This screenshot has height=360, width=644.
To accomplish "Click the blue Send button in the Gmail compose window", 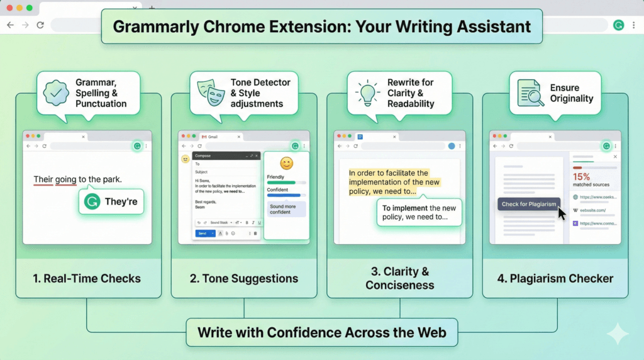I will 202,233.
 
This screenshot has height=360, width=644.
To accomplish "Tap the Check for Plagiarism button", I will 528,204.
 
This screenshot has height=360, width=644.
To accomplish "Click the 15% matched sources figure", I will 581,177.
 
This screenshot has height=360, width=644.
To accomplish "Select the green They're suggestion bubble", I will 111,202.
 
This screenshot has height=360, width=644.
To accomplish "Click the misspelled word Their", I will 43,179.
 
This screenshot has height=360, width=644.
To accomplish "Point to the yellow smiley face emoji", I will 286,164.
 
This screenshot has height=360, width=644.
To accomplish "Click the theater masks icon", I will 212,93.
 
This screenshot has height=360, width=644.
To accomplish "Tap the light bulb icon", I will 368,93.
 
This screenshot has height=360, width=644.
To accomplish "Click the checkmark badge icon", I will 56,93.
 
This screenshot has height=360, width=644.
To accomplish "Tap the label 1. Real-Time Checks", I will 87,278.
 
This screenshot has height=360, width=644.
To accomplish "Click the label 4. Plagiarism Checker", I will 555,278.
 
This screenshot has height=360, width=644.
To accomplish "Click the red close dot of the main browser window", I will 9,8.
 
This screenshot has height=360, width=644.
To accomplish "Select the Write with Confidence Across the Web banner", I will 322,332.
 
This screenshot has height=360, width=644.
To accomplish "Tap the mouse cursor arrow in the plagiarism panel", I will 562,213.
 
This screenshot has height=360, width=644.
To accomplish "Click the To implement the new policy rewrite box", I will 419,213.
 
